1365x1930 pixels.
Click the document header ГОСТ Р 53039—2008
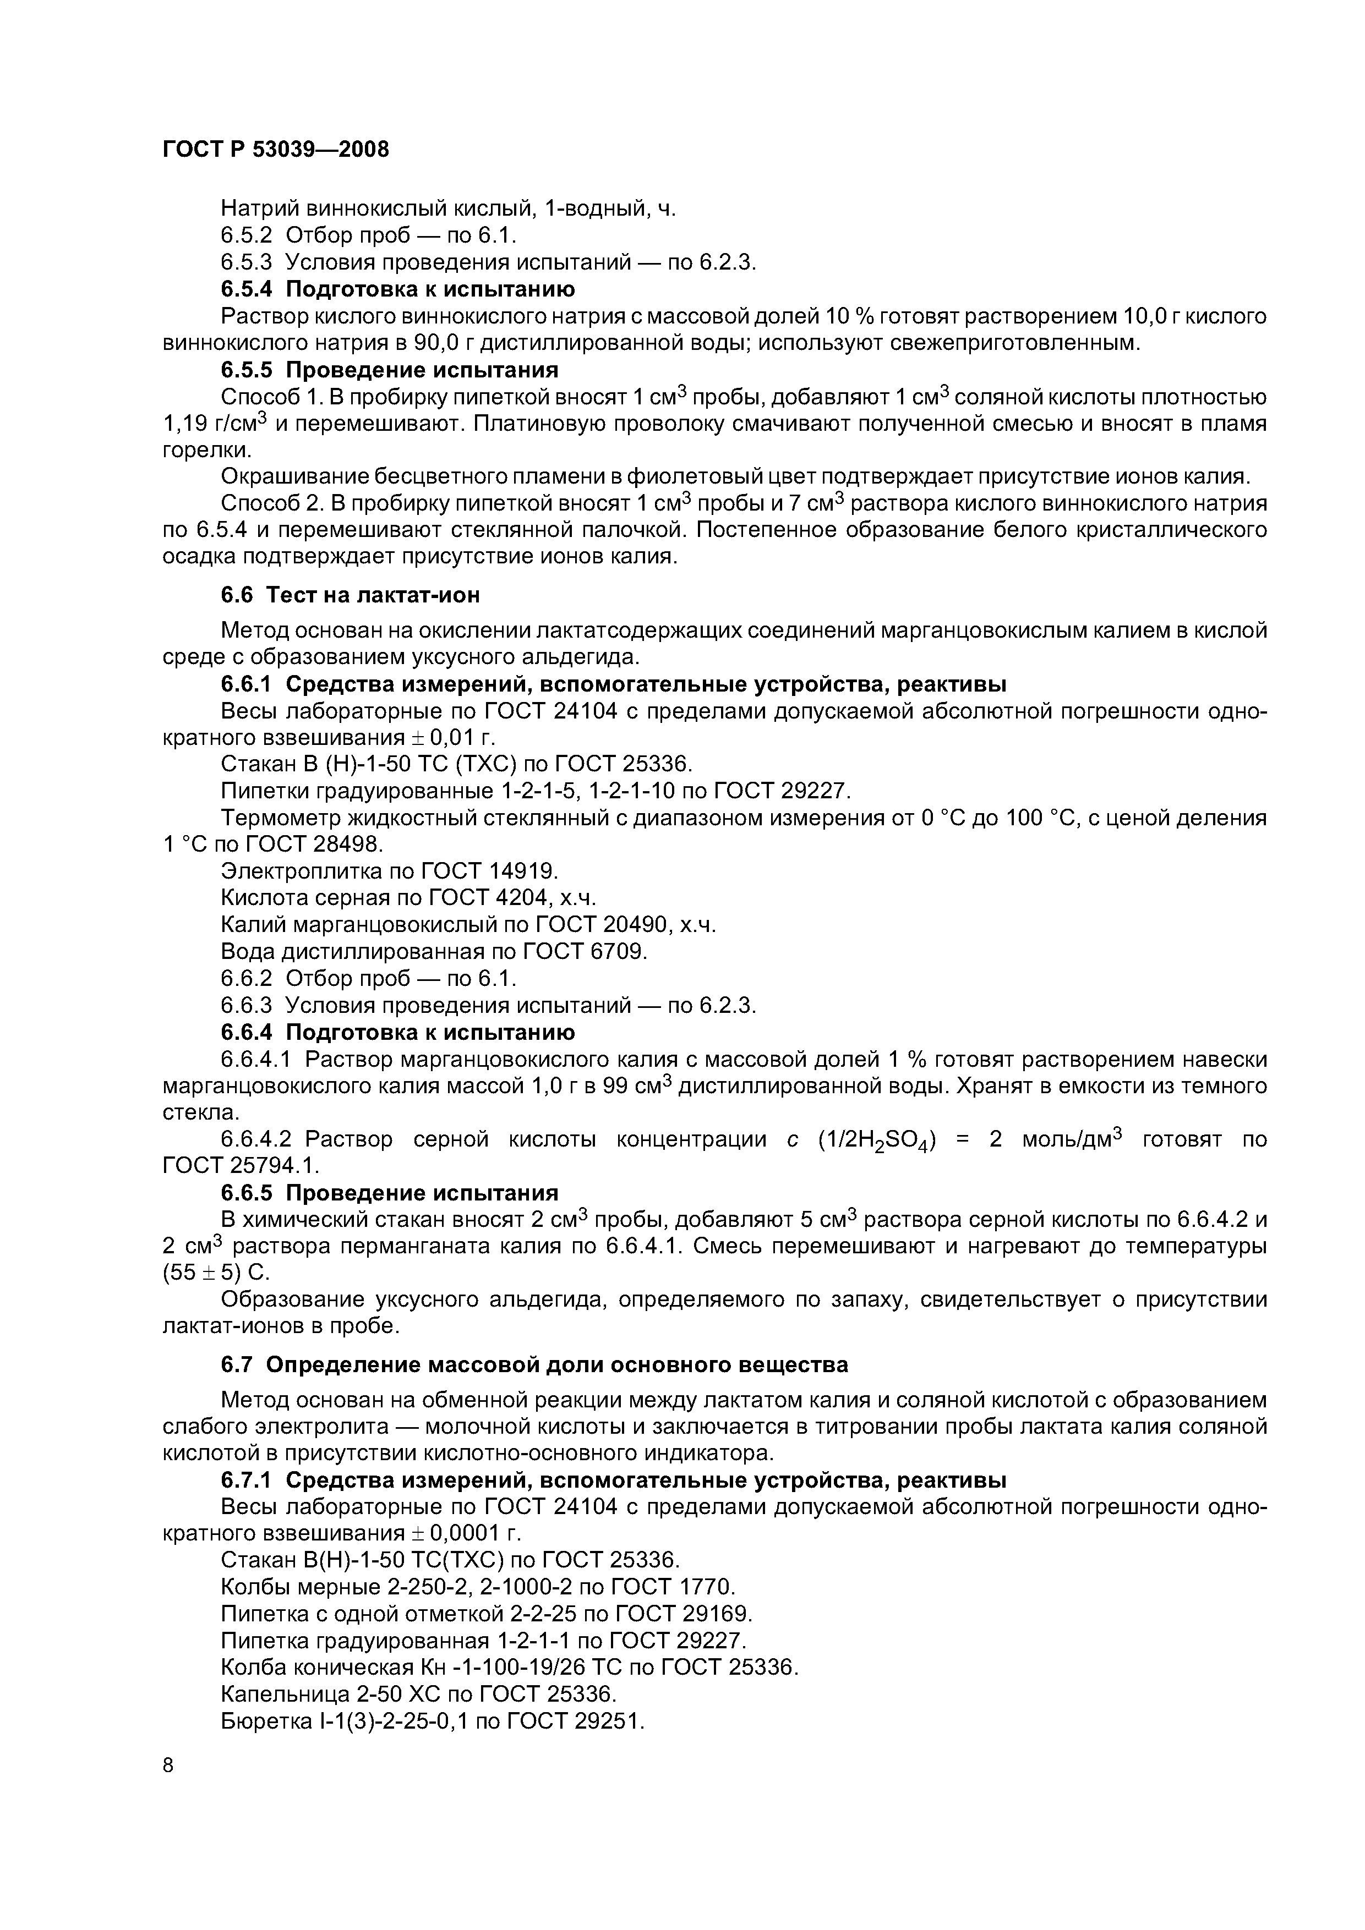pyautogui.click(x=276, y=150)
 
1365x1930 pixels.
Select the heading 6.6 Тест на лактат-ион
pyautogui.click(x=350, y=595)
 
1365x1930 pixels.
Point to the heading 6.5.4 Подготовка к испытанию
pyautogui.click(x=398, y=289)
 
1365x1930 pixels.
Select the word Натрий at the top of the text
pyautogui.click(x=256, y=209)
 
